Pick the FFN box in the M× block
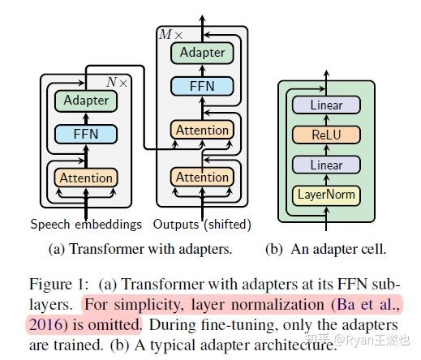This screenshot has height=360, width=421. (203, 86)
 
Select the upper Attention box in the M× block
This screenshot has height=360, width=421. (203, 129)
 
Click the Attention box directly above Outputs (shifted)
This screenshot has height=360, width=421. (203, 178)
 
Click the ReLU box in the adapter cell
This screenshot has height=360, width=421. (327, 135)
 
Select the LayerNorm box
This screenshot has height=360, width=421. (327, 195)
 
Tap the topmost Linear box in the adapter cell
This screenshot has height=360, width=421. (327, 105)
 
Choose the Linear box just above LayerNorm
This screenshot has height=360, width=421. (327, 165)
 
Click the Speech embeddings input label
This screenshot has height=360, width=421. (86, 224)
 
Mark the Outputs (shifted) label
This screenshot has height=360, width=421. (202, 224)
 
